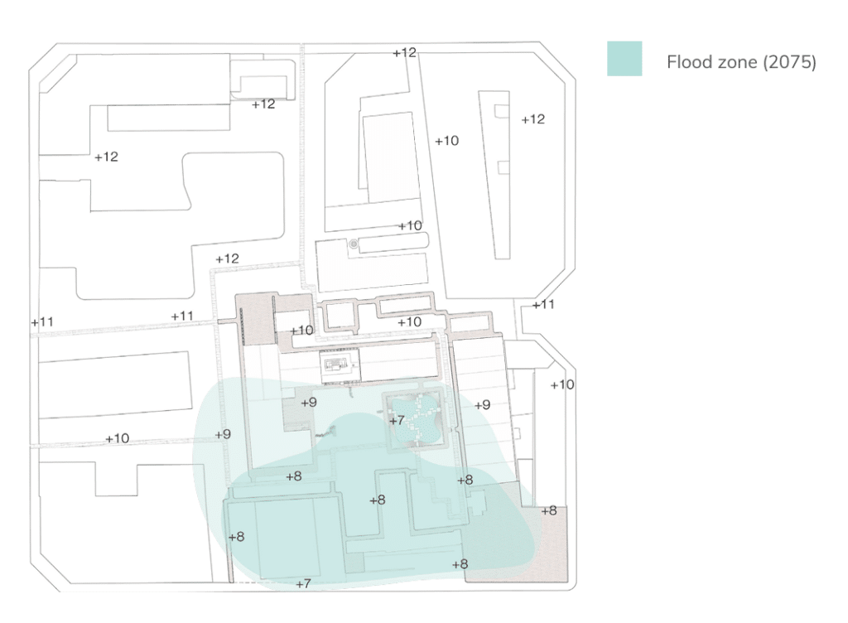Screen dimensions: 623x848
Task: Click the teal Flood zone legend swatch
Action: coord(624,59)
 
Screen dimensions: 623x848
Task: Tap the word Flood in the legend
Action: coord(687,63)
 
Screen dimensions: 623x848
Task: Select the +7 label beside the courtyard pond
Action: coord(397,421)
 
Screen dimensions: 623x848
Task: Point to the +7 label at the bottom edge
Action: coord(303,584)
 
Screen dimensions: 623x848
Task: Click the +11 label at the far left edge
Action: coord(41,321)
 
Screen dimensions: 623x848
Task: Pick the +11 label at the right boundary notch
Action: coord(543,305)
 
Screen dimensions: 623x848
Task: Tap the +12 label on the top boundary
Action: coord(404,52)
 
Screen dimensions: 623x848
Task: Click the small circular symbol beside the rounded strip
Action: coord(354,244)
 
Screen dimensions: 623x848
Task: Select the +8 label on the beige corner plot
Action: coord(549,510)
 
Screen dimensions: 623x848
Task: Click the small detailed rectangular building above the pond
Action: coord(340,365)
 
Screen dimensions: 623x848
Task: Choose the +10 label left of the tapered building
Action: coord(446,141)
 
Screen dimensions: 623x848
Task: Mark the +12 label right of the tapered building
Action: coord(533,119)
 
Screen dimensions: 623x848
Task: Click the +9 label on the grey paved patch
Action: coord(308,403)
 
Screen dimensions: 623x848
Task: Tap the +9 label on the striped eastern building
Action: coord(483,405)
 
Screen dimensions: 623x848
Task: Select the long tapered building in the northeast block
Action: coord(500,174)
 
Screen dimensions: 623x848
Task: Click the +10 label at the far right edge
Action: coord(562,384)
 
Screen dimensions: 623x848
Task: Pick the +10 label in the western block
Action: coord(117,438)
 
